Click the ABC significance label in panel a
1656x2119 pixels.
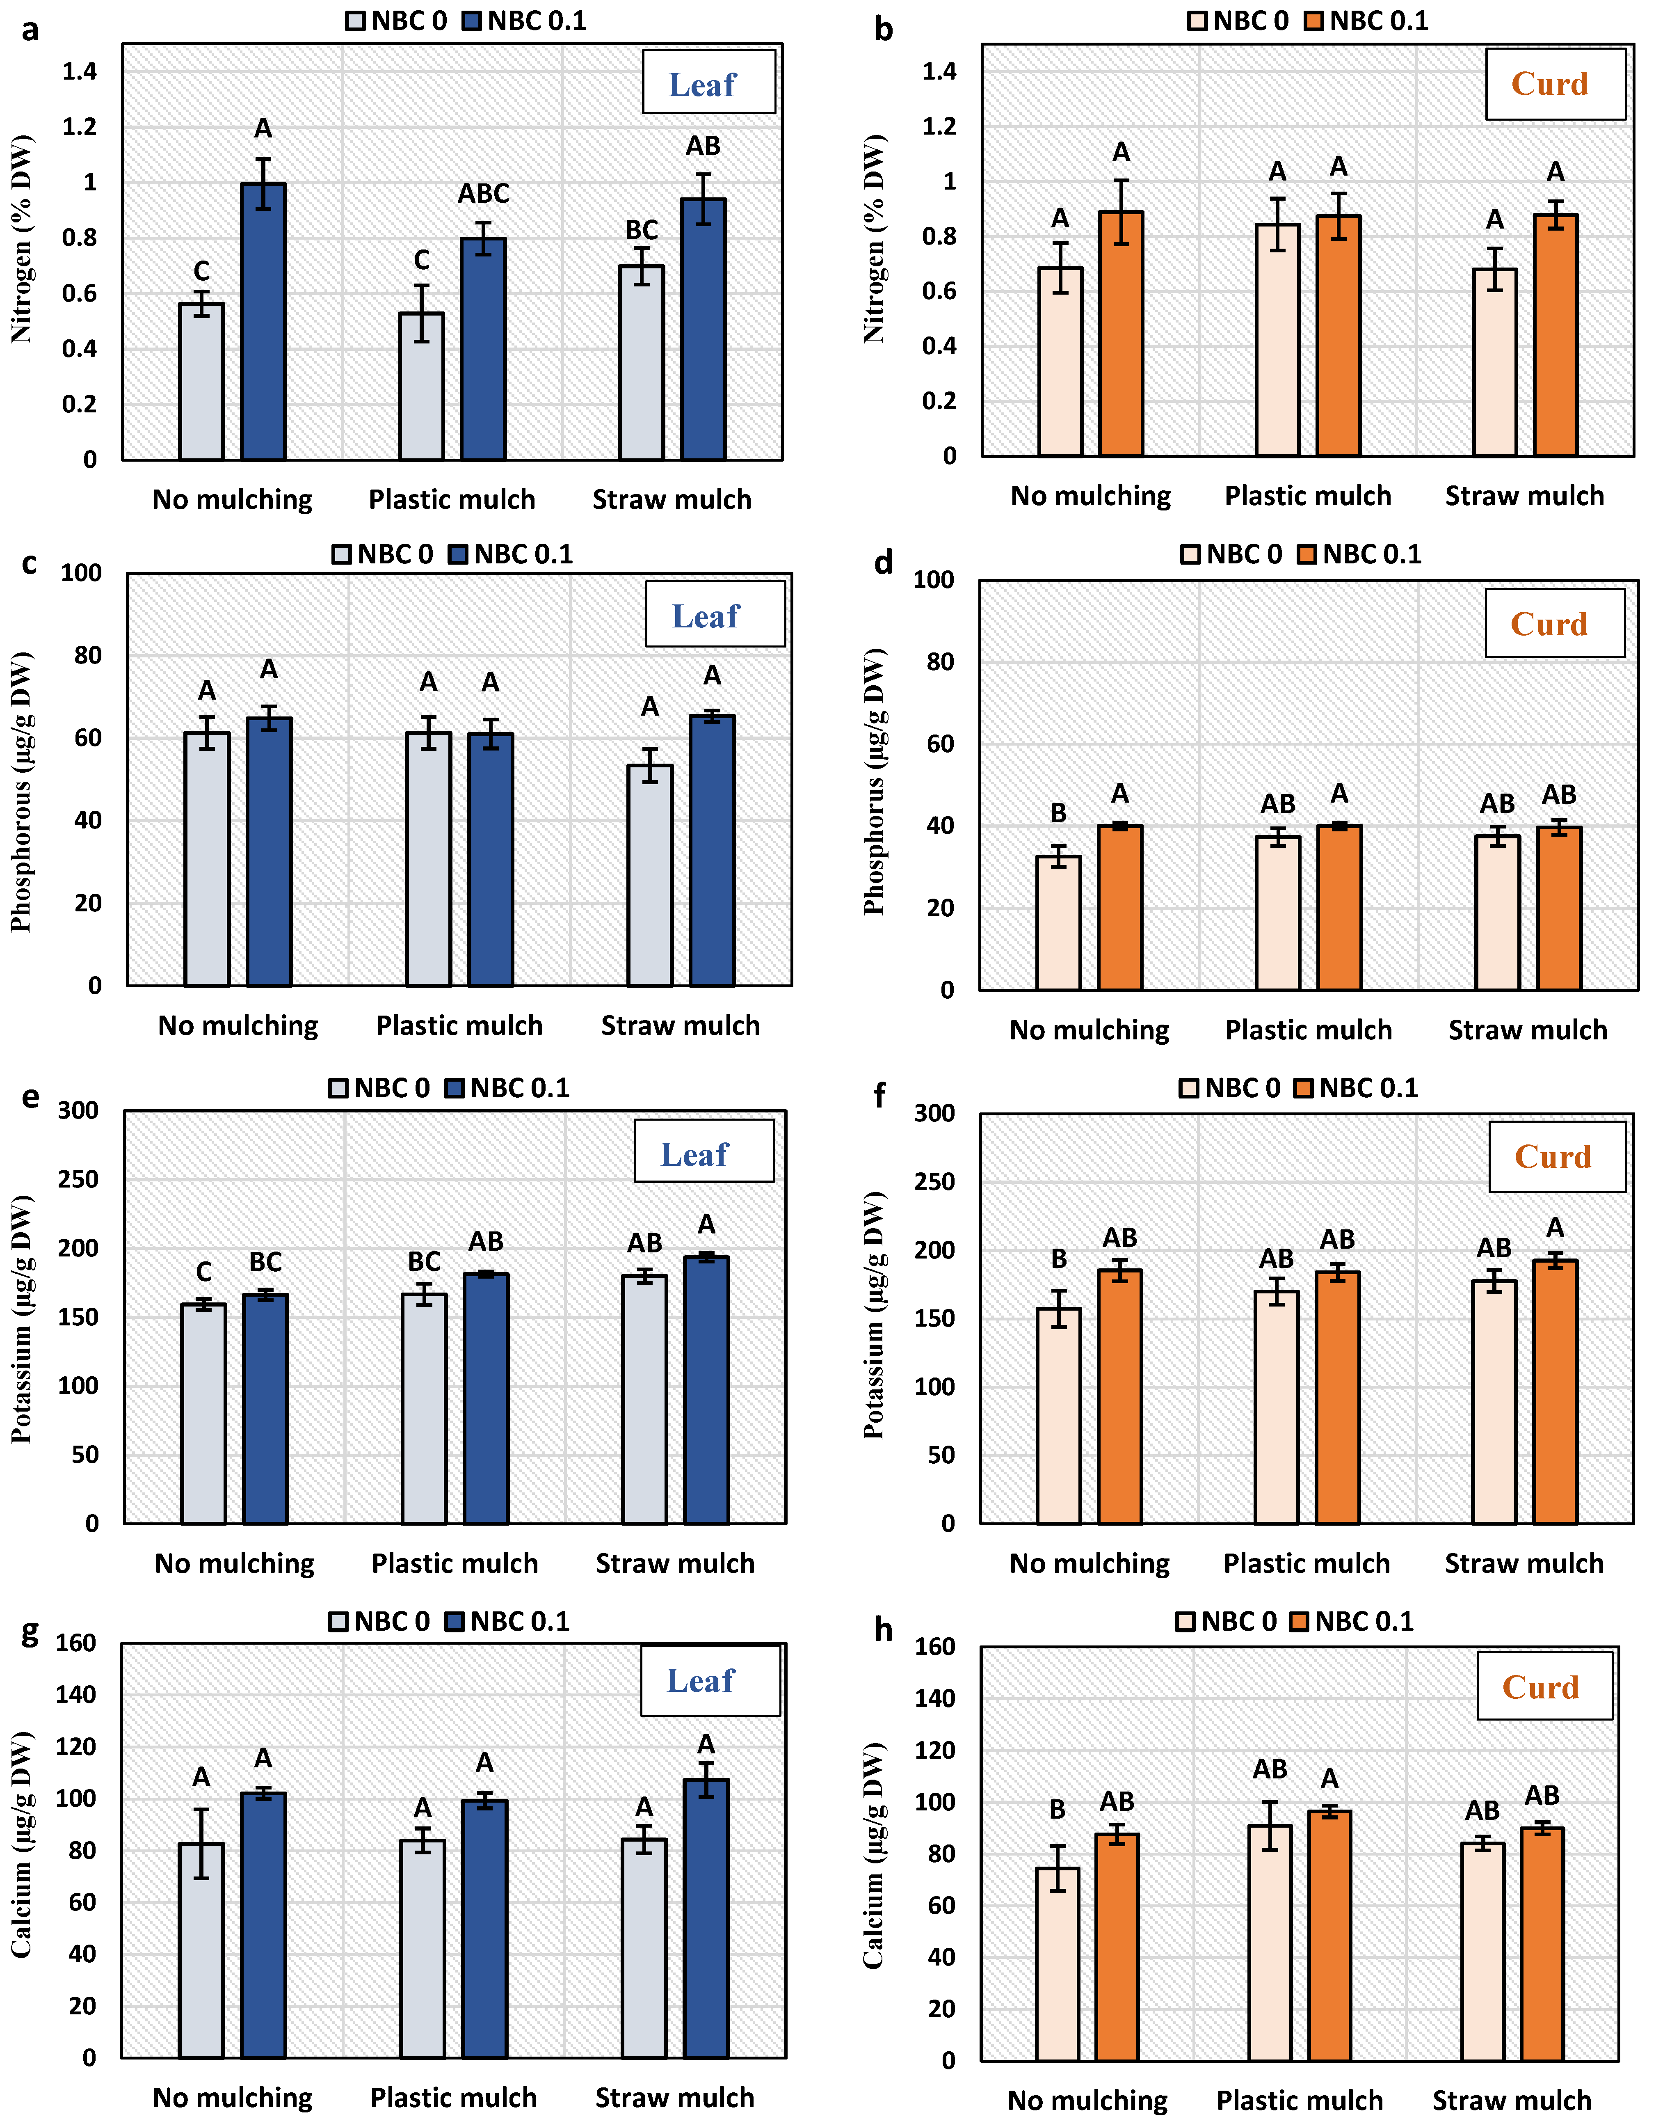tap(483, 194)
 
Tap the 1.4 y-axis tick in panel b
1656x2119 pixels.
tap(939, 71)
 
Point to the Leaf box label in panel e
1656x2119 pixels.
tap(694, 1155)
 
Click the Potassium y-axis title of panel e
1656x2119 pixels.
tap(21, 1320)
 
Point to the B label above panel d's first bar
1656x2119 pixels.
tap(1058, 813)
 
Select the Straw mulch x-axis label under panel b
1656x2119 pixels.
tap(1524, 497)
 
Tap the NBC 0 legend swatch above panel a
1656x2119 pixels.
tap(356, 21)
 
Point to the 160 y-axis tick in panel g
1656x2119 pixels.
tap(75, 1643)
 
